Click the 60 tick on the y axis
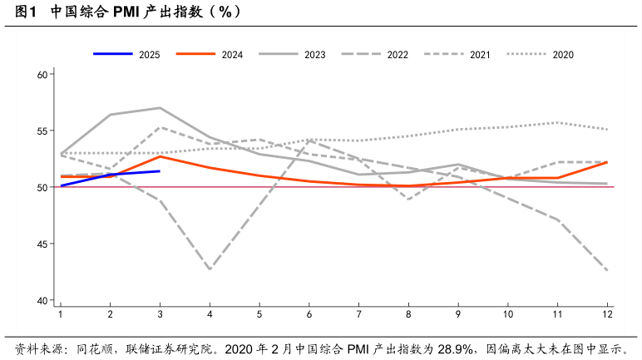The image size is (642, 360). click(44, 75)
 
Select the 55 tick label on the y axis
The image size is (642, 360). click(44, 131)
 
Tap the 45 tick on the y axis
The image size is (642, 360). click(44, 244)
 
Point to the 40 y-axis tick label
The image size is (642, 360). click(44, 301)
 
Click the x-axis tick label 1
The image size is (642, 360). click(60, 314)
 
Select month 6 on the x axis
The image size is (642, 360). click(309, 314)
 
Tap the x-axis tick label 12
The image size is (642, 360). click(608, 314)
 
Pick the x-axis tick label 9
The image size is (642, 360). click(458, 314)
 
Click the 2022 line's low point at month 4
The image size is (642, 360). click(210, 269)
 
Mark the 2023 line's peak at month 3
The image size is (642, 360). click(160, 108)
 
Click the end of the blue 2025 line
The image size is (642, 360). click(160, 171)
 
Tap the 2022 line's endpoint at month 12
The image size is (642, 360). click(608, 271)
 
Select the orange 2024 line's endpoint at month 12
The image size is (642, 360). click(608, 162)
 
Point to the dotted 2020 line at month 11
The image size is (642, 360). click(558, 123)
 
